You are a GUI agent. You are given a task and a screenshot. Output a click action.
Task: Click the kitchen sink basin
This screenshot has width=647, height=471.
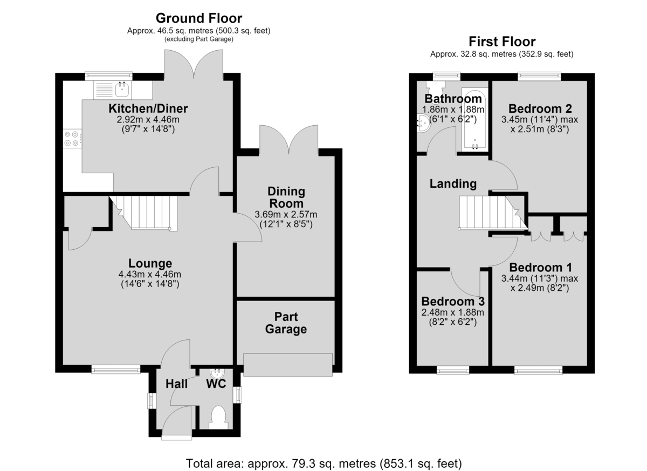coord(122,89)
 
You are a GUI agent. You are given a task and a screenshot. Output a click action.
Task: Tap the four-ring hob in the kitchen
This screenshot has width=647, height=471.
coord(72,139)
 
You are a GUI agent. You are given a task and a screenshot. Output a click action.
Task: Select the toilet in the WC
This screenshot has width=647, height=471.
coord(218,418)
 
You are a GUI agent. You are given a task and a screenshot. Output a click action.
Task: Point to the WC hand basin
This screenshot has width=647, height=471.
coord(217,374)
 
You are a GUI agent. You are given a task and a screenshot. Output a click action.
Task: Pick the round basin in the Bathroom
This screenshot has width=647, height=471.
coord(423,124)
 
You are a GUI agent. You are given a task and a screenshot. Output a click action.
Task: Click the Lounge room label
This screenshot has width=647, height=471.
coord(150,263)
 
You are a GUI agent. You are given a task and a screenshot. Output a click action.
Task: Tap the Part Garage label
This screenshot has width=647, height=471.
coord(286,323)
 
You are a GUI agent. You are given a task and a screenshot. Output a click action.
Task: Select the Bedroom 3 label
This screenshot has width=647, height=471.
coord(453,302)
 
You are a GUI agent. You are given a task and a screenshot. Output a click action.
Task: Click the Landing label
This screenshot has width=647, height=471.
coord(453,184)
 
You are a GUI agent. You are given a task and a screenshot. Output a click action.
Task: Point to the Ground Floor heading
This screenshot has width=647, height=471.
coord(199,18)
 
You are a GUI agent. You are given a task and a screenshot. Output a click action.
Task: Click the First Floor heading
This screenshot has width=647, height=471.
coord(502,42)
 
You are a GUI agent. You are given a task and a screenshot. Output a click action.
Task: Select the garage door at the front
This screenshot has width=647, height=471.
coord(288,365)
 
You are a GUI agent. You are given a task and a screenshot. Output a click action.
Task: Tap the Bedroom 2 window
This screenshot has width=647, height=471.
coord(539,76)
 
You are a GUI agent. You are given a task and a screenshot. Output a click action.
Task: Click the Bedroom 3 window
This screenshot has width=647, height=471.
coord(452,370)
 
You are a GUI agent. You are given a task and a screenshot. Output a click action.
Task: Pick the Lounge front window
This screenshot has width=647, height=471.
coord(116,369)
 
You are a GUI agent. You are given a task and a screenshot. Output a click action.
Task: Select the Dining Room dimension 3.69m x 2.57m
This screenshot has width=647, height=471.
coord(286,214)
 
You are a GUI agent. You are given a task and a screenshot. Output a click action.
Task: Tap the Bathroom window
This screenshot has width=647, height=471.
coord(446,76)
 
